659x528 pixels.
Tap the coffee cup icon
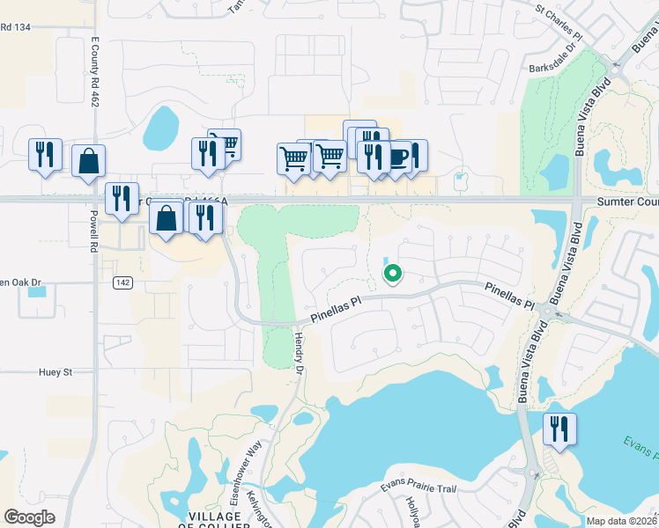pos(397,157)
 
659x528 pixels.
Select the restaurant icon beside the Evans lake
pos(559,429)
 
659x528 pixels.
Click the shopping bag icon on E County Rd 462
pos(88,161)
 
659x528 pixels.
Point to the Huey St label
pos(54,372)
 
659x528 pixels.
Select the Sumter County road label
pos(627,202)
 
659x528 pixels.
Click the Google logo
pos(29,517)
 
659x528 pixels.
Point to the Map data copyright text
pos(622,521)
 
